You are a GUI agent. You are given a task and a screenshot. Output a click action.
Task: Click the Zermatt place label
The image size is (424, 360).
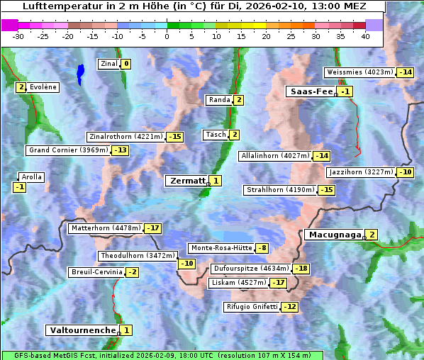[186, 181]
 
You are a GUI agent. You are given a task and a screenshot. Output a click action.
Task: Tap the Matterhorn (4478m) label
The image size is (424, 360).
[105, 228]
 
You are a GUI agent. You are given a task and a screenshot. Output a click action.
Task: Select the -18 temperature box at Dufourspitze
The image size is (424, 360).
[301, 269]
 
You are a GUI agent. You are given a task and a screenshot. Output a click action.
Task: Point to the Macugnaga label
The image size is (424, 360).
[333, 235]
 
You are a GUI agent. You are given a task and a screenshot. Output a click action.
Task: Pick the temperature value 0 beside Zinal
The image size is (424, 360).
[126, 64]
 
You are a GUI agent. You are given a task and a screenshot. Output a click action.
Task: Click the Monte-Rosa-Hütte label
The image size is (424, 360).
[221, 248]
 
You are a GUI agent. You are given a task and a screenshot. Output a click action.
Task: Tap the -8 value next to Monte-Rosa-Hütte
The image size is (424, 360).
[262, 248]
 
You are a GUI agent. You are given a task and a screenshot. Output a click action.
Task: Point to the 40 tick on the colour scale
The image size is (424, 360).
[365, 36]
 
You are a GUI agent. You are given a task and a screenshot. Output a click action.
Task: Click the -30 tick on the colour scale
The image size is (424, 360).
[18, 36]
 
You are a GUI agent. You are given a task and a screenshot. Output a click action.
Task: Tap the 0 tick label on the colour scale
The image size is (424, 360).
[167, 36]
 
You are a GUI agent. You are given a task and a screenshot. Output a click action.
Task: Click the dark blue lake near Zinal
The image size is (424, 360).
[80, 72]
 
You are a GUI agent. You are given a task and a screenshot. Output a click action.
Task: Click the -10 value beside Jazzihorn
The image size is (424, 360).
[405, 172]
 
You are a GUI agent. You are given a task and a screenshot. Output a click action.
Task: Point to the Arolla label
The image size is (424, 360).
[32, 177]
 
